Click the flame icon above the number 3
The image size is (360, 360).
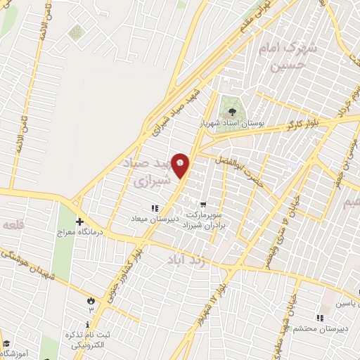point(90,300)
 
